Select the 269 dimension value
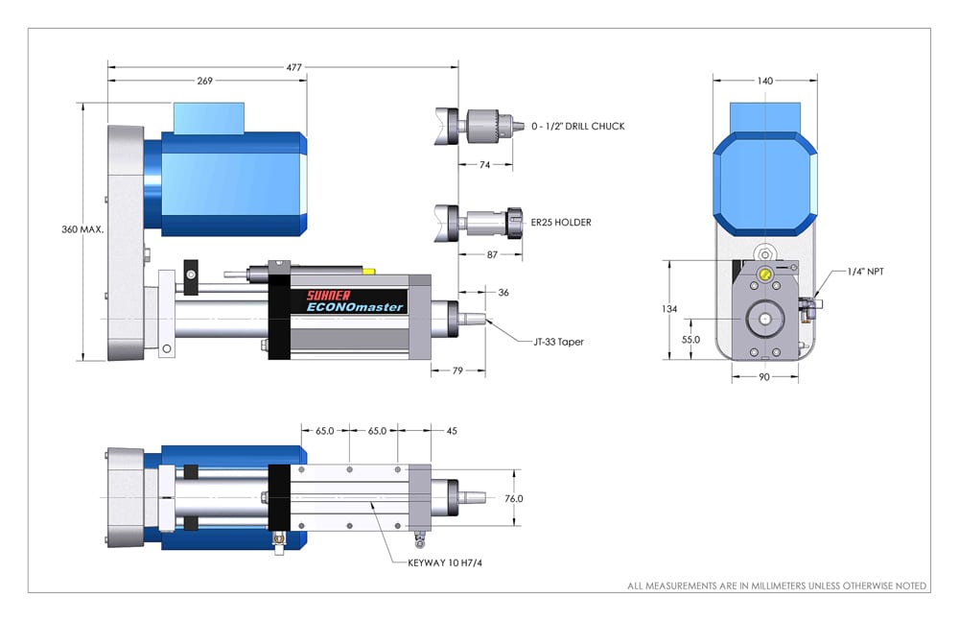point(205,81)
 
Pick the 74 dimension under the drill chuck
point(484,165)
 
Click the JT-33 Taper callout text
point(560,341)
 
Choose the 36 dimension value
point(503,292)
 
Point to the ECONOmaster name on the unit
point(356,308)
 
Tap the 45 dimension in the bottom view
point(452,431)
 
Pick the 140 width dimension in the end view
point(765,81)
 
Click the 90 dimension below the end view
point(765,377)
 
